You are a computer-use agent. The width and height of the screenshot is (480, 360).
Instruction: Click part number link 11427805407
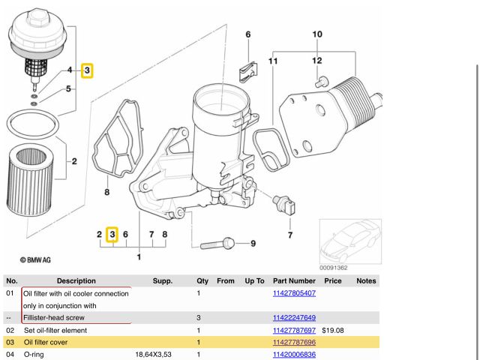coord(294,292)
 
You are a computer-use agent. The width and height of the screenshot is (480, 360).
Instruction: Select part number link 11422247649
coord(294,317)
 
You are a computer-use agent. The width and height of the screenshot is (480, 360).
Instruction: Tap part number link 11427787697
coord(294,330)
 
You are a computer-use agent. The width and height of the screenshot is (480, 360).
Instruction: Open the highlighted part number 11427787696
coord(294,342)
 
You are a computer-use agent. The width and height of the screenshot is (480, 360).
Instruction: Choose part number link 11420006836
coord(294,354)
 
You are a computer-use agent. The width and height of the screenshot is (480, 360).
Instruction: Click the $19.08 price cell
coord(332,330)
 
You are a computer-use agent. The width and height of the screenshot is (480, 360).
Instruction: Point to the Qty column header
coord(202,280)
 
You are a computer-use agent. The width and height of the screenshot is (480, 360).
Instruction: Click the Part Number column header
coord(294,280)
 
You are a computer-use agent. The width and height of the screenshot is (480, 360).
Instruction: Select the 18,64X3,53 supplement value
coord(154,354)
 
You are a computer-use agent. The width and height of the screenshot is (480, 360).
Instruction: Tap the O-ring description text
coord(34,354)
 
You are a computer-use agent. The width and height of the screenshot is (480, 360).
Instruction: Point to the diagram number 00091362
coord(333,268)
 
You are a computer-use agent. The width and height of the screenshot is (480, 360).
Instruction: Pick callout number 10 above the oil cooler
coord(317,34)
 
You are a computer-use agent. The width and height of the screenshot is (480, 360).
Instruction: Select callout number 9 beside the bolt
coord(252,243)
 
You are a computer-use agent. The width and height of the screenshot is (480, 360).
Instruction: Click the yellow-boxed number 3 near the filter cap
coord(87,70)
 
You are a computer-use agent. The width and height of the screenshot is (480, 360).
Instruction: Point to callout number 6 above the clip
coord(247,34)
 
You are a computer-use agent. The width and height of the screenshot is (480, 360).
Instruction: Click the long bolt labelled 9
coord(217,243)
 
